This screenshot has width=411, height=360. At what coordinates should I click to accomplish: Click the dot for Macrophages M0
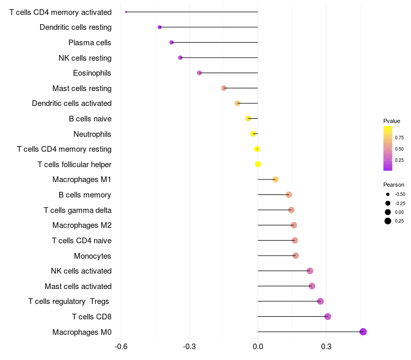pyautogui.click(x=363, y=332)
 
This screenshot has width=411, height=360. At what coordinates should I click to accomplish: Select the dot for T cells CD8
pyautogui.click(x=328, y=316)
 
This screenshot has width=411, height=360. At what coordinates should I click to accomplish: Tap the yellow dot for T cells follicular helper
pyautogui.click(x=258, y=164)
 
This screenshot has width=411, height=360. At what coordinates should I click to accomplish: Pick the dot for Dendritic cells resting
pyautogui.click(x=160, y=27)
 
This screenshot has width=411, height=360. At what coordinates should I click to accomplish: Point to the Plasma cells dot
pyautogui.click(x=172, y=42)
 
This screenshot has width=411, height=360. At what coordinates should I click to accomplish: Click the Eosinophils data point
pyautogui.click(x=199, y=73)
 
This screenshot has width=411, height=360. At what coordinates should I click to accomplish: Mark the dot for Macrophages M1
pyautogui.click(x=275, y=179)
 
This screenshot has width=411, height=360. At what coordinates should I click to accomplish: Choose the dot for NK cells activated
pyautogui.click(x=310, y=271)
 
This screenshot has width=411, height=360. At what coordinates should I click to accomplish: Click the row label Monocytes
pyautogui.click(x=92, y=256)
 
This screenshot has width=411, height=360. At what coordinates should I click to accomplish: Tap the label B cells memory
pyautogui.click(x=85, y=195)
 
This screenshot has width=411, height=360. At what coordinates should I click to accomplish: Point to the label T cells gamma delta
pyautogui.click(x=78, y=210)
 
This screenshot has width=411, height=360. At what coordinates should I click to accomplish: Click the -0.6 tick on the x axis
pyautogui.click(x=121, y=347)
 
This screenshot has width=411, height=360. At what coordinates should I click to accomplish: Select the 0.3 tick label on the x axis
pyautogui.click(x=326, y=347)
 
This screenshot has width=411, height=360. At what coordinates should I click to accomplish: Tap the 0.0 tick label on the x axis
pyautogui.click(x=258, y=347)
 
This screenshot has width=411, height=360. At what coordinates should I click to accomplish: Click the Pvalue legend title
pyautogui.click(x=391, y=121)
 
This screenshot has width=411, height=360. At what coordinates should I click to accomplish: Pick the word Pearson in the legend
pyautogui.click(x=394, y=185)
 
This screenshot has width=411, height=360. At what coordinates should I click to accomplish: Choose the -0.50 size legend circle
pyautogui.click(x=388, y=194)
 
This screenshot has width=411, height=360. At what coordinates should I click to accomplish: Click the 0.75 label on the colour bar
pyautogui.click(x=399, y=137)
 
